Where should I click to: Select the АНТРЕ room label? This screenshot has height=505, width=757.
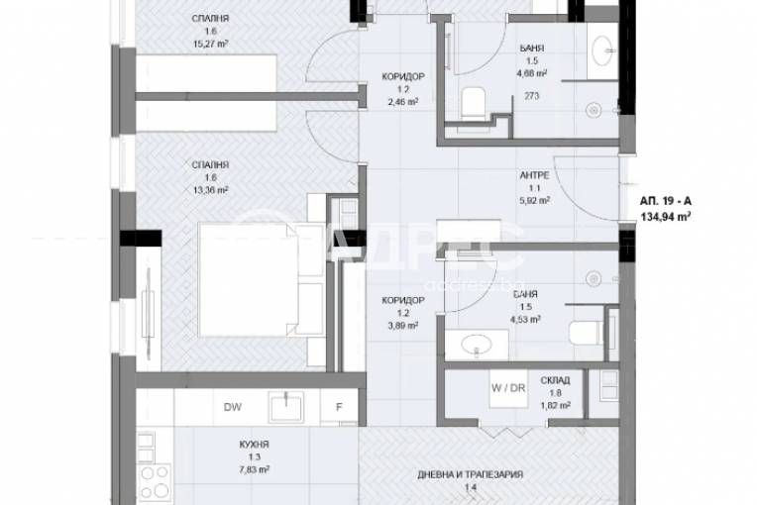coord(535,175)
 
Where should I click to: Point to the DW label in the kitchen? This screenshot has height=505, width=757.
coord(233,405)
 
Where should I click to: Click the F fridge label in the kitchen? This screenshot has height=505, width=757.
coord(338,406)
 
